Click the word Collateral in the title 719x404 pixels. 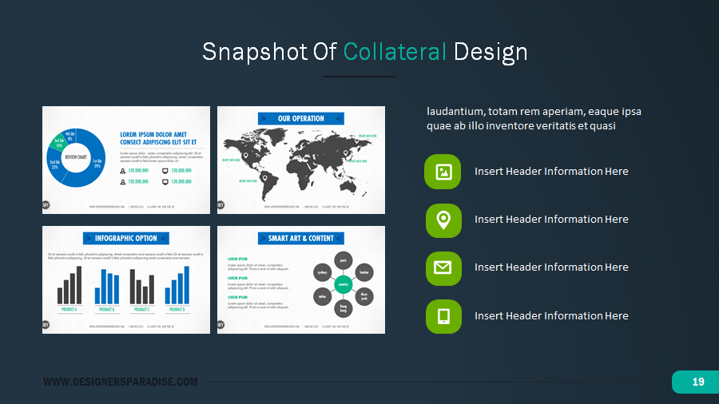pyautogui.click(x=395, y=52)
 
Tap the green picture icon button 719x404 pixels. pyautogui.click(x=443, y=172)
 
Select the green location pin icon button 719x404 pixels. pyautogui.click(x=443, y=220)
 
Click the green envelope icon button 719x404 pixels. pyautogui.click(x=443, y=267)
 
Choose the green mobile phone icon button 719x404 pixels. pyautogui.click(x=443, y=316)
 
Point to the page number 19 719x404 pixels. pyautogui.click(x=697, y=382)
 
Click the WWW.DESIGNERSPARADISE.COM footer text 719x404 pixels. pyautogui.click(x=120, y=382)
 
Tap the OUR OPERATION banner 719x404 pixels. pyautogui.click(x=301, y=118)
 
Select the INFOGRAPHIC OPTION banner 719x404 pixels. pyautogui.click(x=126, y=238)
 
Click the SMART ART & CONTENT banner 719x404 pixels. pyautogui.click(x=301, y=238)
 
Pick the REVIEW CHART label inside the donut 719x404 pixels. pyautogui.click(x=77, y=157)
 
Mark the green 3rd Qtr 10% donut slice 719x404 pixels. pyautogui.click(x=58, y=144)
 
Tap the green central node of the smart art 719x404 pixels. pyautogui.click(x=343, y=283)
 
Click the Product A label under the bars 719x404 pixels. pyautogui.click(x=70, y=309)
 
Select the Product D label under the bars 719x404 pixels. pyautogui.click(x=177, y=309)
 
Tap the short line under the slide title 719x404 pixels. pyautogui.click(x=359, y=77)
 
